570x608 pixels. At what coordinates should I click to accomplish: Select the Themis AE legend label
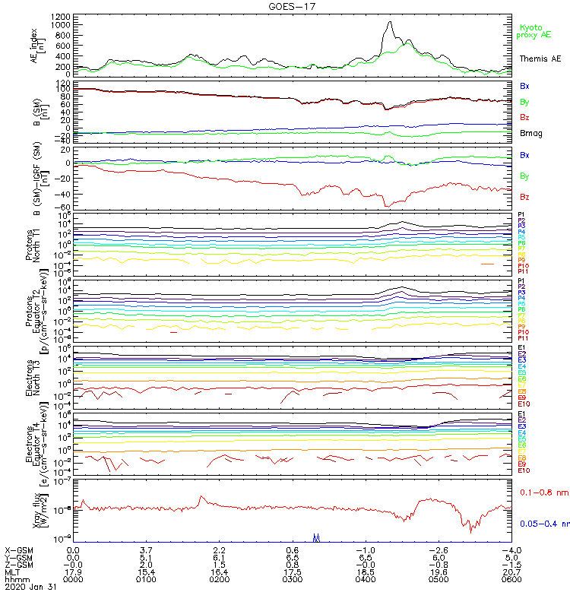(540, 59)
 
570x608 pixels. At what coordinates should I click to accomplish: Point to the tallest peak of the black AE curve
(390, 23)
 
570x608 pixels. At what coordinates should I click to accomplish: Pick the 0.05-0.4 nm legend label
(543, 524)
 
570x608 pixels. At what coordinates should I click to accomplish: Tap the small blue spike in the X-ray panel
(316, 537)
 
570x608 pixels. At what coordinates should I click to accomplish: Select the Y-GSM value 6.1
(220, 557)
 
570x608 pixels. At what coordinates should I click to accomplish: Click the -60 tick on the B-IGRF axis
(64, 207)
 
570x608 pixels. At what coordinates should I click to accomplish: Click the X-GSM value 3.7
(147, 549)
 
